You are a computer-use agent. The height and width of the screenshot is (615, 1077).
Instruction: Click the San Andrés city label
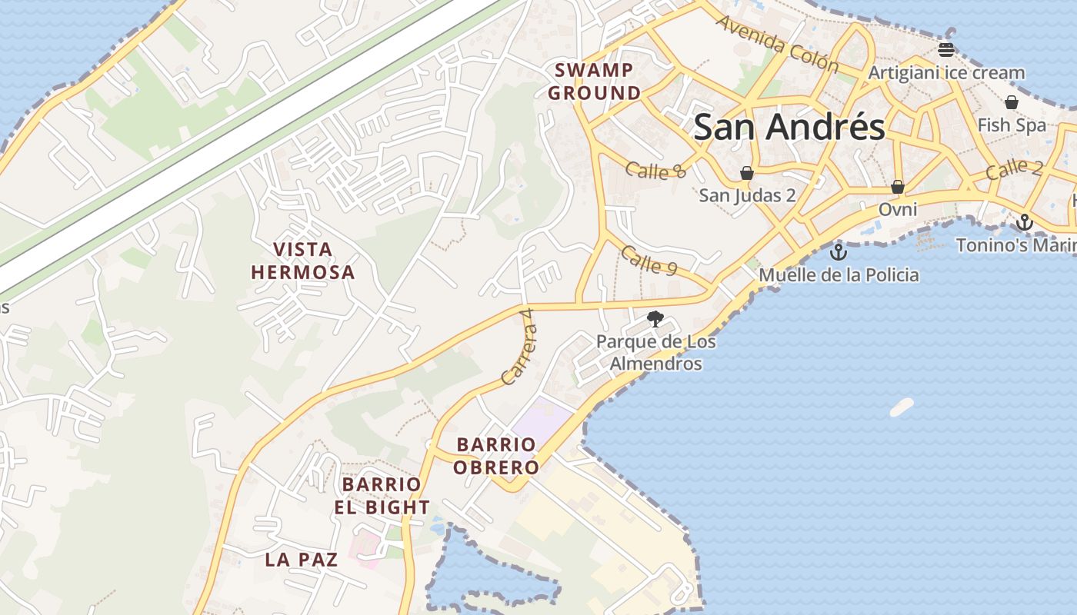(789, 127)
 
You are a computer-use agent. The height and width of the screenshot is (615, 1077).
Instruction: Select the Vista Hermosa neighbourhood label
(302, 261)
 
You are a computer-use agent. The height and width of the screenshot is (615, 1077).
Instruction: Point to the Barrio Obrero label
(495, 456)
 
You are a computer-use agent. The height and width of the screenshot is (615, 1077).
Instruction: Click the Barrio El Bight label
(382, 496)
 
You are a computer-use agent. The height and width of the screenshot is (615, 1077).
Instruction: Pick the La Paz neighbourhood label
(302, 560)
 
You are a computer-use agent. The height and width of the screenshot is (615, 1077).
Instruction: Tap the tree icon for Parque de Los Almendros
(655, 318)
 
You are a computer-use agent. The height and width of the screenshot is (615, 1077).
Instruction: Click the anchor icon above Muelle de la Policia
(838, 251)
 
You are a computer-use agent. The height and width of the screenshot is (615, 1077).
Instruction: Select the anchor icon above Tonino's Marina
(1024, 223)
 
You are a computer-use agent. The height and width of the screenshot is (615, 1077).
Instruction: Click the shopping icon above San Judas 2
(746, 173)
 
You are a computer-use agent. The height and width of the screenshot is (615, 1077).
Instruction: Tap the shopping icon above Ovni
(897, 187)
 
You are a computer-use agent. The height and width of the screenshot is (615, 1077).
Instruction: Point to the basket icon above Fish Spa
(1012, 102)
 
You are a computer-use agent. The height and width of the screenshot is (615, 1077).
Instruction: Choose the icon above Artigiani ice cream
(946, 50)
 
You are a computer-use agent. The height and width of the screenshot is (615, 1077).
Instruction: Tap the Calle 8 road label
(655, 169)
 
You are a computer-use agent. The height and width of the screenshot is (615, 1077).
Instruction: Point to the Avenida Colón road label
(776, 42)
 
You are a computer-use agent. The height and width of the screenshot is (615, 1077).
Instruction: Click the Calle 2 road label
(1014, 168)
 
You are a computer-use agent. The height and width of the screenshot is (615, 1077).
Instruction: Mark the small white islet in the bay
(902, 407)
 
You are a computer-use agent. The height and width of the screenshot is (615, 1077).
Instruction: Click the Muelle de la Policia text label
(839, 274)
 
